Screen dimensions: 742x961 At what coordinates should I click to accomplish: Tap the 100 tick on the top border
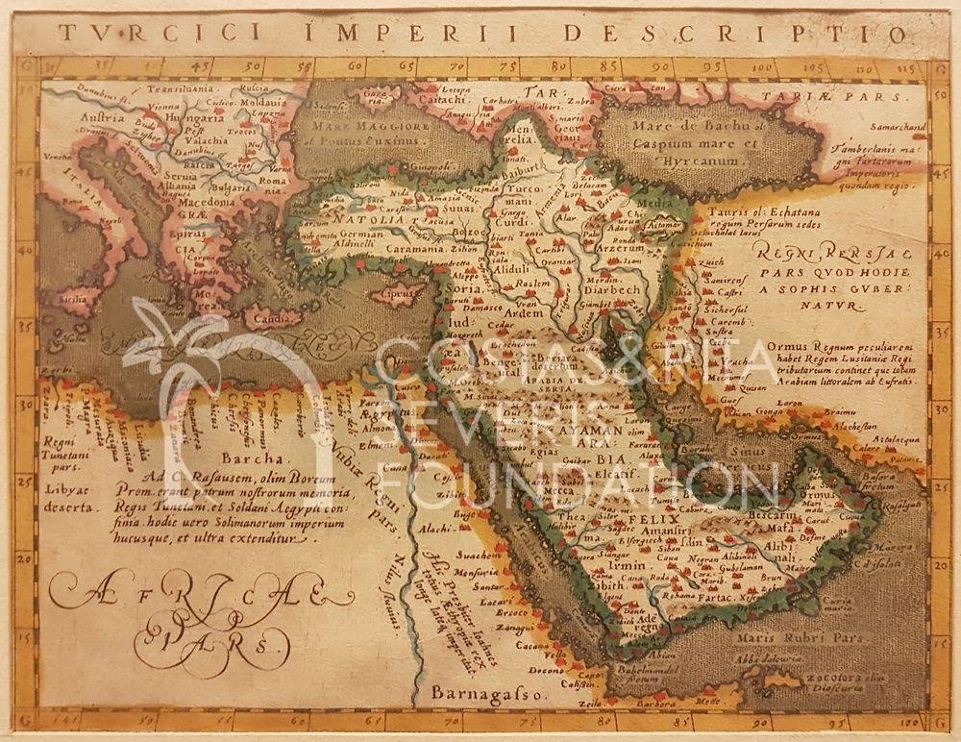click(x=763, y=67)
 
